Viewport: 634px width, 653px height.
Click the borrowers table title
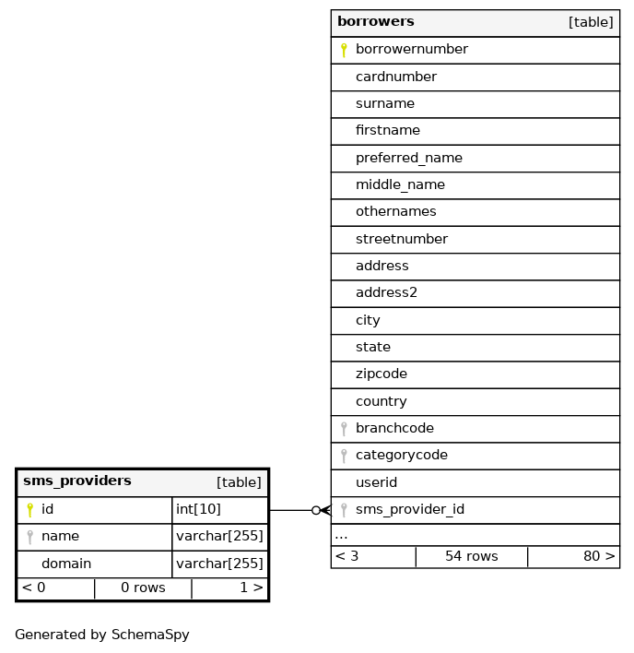click(375, 22)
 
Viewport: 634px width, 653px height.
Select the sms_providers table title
click(76, 481)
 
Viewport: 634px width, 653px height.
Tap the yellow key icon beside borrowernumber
click(344, 50)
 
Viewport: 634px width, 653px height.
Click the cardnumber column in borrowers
click(395, 77)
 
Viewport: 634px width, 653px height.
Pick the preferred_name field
click(408, 158)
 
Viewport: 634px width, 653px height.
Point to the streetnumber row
click(401, 239)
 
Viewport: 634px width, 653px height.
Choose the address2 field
click(386, 293)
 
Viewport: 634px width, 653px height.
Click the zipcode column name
click(381, 374)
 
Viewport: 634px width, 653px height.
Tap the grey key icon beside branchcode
click(344, 429)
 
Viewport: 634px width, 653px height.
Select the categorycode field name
click(401, 456)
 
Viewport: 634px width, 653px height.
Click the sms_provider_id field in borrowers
click(409, 510)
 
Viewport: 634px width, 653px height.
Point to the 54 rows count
click(471, 557)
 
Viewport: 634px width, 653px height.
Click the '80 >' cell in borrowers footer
click(599, 557)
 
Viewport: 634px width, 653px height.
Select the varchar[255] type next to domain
click(219, 564)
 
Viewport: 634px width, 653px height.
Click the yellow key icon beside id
click(29, 510)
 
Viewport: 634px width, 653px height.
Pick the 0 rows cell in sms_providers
click(143, 588)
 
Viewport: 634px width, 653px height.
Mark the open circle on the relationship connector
click(316, 510)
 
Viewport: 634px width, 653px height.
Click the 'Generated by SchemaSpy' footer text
click(101, 635)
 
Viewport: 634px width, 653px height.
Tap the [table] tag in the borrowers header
click(591, 22)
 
